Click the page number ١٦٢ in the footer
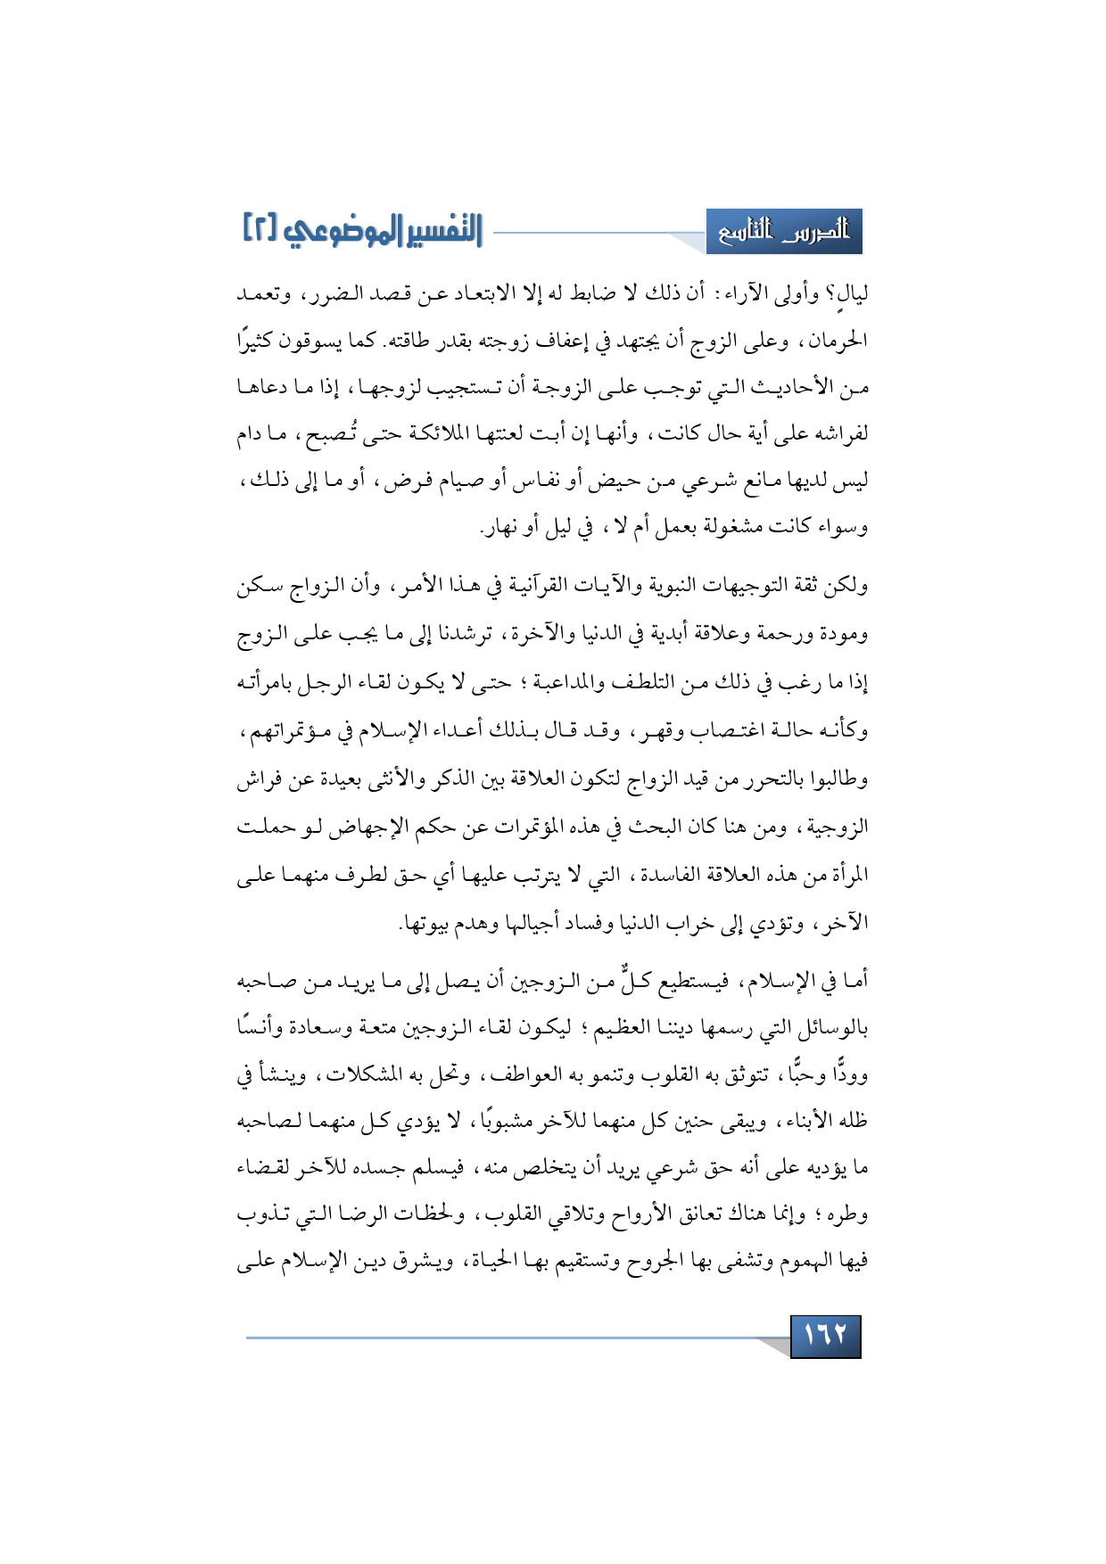coord(825,1336)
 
